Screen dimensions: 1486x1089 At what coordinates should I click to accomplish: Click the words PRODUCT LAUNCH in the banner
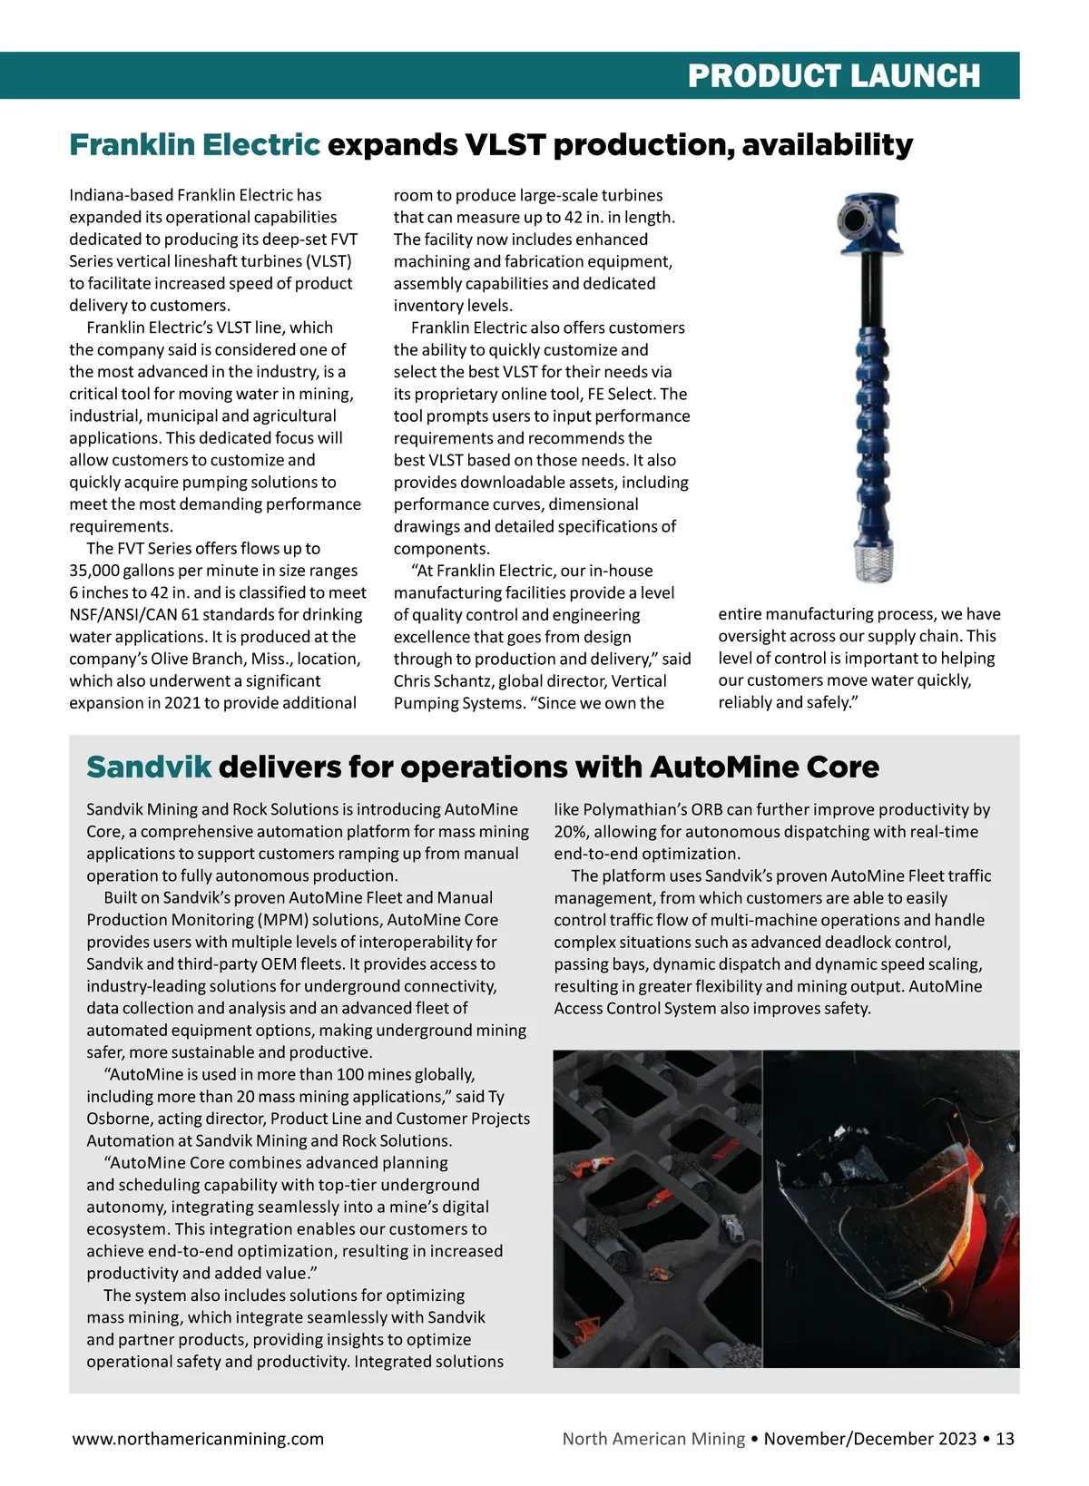(x=833, y=75)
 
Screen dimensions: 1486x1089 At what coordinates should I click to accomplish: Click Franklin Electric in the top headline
(x=194, y=144)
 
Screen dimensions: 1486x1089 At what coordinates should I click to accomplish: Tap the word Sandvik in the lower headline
(x=149, y=767)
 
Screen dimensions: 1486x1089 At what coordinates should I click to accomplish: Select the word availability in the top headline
(x=827, y=144)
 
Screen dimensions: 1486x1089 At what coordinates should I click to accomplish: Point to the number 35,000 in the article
(x=99, y=571)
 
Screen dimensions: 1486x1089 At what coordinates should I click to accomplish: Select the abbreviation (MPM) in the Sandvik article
(x=287, y=920)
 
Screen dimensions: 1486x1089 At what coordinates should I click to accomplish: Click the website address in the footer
(x=198, y=1439)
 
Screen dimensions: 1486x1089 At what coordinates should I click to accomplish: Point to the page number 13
(x=1005, y=1439)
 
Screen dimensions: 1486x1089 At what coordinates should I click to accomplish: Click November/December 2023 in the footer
(x=870, y=1439)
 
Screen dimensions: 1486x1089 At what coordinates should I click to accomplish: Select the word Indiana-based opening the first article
(x=122, y=195)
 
